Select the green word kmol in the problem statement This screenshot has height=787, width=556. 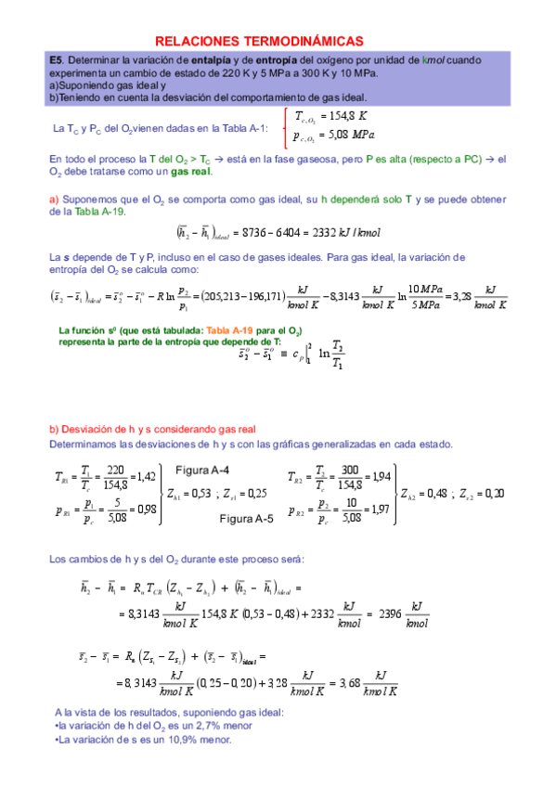pos(432,59)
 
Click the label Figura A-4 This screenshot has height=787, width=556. pos(203,469)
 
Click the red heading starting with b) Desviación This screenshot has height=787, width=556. pos(152,428)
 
